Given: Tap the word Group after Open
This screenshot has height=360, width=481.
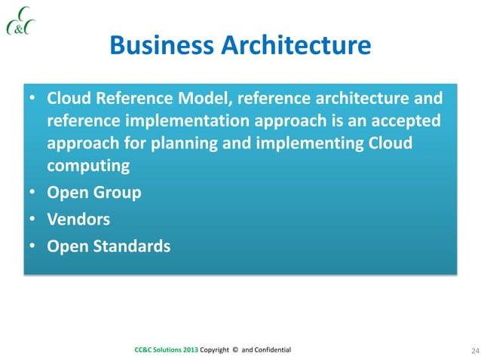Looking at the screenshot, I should [115, 194].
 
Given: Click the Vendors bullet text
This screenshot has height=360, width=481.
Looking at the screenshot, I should [79, 219].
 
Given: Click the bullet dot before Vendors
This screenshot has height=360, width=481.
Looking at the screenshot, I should [32, 220].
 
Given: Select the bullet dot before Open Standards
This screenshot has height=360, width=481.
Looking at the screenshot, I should [32, 246].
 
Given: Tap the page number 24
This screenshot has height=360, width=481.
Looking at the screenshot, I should [454, 350].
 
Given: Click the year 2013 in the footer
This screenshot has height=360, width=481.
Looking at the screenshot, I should [188, 350].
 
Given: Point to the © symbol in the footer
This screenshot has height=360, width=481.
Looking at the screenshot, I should [234, 350].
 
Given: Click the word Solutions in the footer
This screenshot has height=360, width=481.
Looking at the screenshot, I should [163, 350].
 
